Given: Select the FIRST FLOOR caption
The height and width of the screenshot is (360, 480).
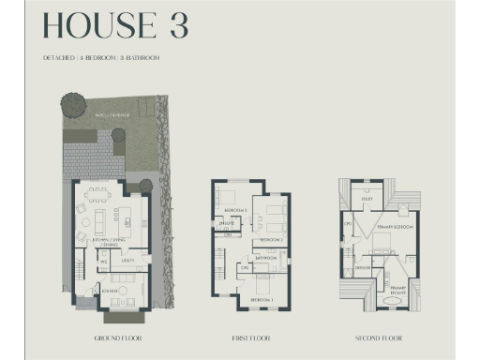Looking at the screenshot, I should (x=250, y=337).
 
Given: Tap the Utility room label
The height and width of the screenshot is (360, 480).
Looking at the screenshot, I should (x=130, y=261).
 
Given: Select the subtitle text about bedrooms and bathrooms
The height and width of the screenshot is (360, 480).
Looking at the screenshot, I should (x=99, y=58).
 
